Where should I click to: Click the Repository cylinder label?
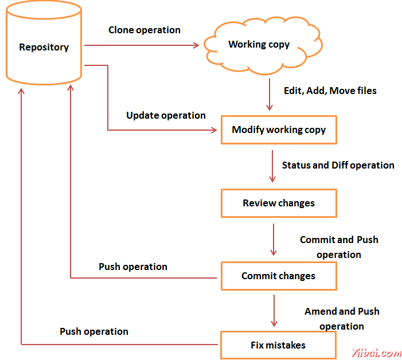pyautogui.click(x=44, y=47)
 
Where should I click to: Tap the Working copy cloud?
pyautogui.click(x=263, y=45)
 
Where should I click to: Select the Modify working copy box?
pyautogui.click(x=279, y=130)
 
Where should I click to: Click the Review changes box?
pyautogui.click(x=279, y=203)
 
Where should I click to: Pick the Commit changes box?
pyautogui.click(x=279, y=276)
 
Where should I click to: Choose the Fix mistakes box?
pyautogui.click(x=278, y=345)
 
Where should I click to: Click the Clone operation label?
pyautogui.click(x=145, y=30)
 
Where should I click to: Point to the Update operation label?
pyautogui.click(x=166, y=115)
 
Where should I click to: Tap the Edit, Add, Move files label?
pyautogui.click(x=330, y=91)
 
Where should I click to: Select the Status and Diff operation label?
pyautogui.click(x=338, y=165)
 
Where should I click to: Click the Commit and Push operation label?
pyautogui.click(x=339, y=247)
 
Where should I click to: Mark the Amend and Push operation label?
pyautogui.click(x=342, y=319)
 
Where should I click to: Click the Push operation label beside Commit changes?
pyautogui.click(x=133, y=267)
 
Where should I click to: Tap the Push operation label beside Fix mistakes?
pyautogui.click(x=94, y=331)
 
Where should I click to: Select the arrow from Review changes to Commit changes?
pyautogui.click(x=274, y=240)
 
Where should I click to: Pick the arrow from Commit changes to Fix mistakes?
pyautogui.click(x=274, y=311)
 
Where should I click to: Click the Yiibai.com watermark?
pyautogui.click(x=376, y=353)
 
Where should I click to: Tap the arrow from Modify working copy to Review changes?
pyautogui.click(x=272, y=166)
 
